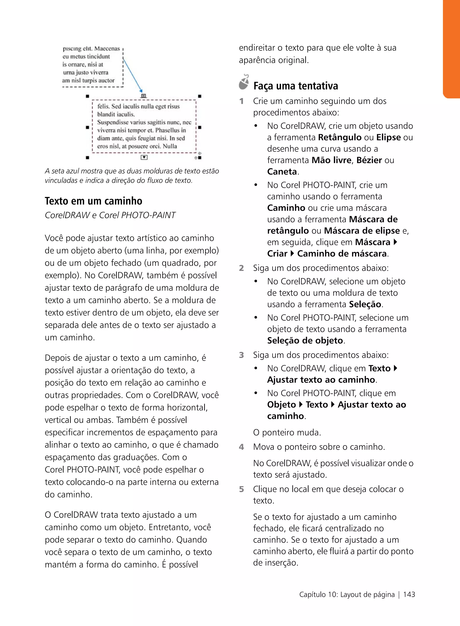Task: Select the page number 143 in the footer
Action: coord(409,594)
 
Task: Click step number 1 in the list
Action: coord(241,101)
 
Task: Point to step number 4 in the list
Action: coord(241,447)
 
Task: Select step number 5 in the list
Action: coord(241,489)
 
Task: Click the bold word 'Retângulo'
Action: coord(340,137)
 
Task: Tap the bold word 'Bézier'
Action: coord(369,160)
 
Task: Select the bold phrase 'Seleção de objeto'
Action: coord(305,340)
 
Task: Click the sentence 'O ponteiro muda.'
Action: coord(287,432)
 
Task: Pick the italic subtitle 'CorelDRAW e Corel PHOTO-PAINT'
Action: coord(110,215)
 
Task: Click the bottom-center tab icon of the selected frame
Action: coord(144,157)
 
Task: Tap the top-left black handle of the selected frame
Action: coord(87,96)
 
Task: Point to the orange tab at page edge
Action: coord(452,49)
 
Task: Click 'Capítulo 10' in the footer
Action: coord(318,594)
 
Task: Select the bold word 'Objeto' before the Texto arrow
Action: coord(281,404)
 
